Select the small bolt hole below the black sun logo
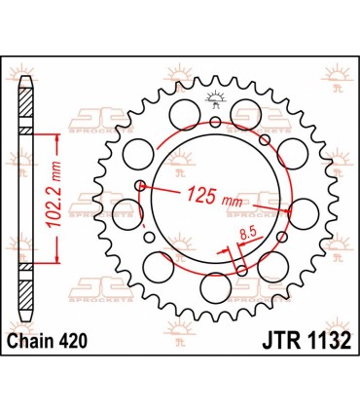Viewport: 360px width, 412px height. coord(215,122)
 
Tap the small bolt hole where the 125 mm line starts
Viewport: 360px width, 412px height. coord(141,185)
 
